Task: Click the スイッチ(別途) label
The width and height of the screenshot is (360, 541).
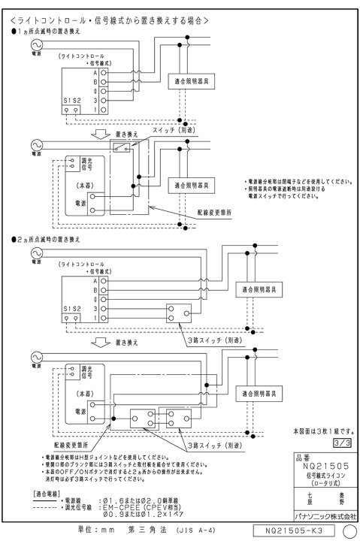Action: coord(151,131)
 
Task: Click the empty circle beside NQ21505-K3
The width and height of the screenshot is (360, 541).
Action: coord(347,530)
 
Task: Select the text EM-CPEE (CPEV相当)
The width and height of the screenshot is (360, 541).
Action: coord(141,509)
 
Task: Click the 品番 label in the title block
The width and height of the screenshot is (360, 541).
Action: coord(302,455)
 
